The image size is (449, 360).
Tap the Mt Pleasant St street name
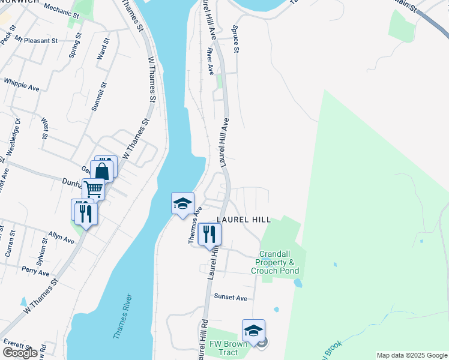pos(36,40)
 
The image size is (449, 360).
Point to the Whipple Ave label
pos(21,83)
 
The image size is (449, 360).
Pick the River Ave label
pos(211,62)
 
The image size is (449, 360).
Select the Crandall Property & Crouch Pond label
pos(277,263)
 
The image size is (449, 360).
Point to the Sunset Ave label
pos(231,298)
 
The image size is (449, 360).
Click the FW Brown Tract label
pos(224,348)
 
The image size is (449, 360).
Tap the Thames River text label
pos(122,317)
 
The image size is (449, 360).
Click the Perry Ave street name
pos(35,271)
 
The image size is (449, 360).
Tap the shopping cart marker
pos(94,188)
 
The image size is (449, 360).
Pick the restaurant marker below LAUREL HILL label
pos(209,233)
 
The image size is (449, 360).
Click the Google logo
pos(20,353)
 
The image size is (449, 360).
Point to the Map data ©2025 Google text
pos(411,355)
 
